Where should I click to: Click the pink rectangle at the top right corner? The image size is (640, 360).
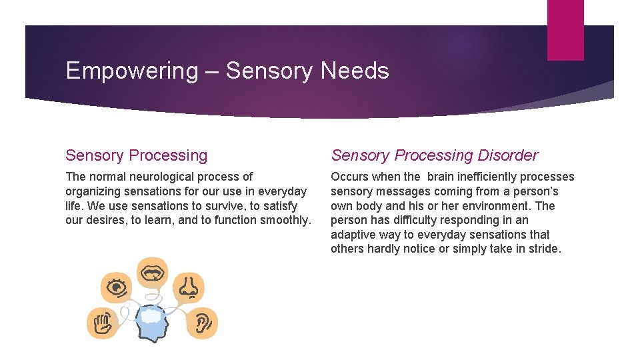click(565, 30)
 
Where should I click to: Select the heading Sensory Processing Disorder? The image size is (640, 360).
click(434, 155)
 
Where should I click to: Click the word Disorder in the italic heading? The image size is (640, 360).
click(507, 155)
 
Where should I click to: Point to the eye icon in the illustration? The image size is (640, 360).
click(117, 287)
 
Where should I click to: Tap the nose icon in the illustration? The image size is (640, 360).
click(189, 287)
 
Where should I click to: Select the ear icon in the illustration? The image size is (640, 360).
click(201, 323)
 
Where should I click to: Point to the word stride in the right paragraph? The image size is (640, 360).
click(544, 249)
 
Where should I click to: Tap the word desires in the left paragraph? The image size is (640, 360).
click(107, 220)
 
